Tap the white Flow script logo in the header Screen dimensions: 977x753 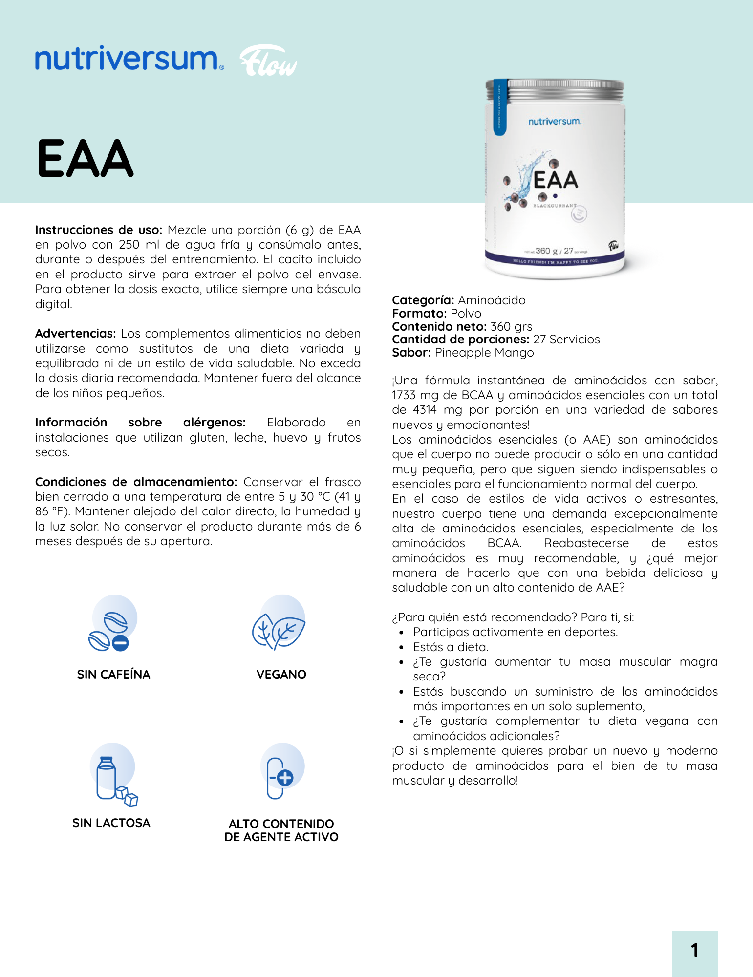tap(268, 62)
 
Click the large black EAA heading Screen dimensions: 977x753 tap(86, 159)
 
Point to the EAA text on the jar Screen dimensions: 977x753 tap(556, 180)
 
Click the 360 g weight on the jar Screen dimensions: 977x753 tap(546, 251)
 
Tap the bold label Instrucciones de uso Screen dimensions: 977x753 tap(98, 230)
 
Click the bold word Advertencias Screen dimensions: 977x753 tap(75, 334)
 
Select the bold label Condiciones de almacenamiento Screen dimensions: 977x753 tap(136, 482)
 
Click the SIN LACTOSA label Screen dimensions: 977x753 tap(111, 823)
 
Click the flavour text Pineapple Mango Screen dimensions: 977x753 tap(484, 353)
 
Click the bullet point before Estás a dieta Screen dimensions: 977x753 tap(401, 648)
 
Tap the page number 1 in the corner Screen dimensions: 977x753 tap(694, 951)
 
